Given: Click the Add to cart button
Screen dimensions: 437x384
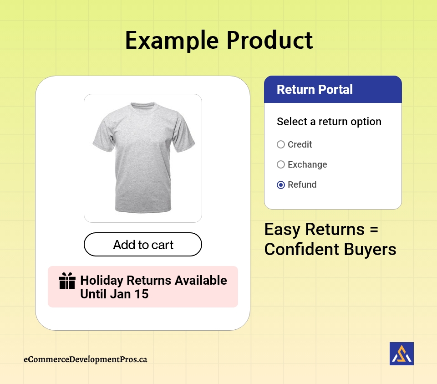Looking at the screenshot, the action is (x=142, y=244).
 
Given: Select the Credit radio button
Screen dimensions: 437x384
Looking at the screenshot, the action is (x=281, y=144).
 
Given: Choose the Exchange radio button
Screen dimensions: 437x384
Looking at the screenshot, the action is (x=281, y=164).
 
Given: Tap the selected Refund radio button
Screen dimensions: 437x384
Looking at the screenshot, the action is (x=281, y=184).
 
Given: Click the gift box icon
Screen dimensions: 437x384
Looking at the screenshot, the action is (x=67, y=281).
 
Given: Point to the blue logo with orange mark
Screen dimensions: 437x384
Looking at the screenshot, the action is (x=401, y=353).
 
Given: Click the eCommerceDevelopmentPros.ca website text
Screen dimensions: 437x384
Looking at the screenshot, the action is (x=85, y=359).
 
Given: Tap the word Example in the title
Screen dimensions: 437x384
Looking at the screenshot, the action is (x=172, y=41).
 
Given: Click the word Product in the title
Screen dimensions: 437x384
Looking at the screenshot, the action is (x=270, y=40).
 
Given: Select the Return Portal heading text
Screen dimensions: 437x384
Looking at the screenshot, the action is (x=315, y=90).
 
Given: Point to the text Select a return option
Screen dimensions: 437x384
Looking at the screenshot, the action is (x=329, y=122).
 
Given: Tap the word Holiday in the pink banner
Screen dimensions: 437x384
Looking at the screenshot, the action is (x=102, y=281).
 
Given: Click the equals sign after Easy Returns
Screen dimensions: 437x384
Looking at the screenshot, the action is (x=374, y=230).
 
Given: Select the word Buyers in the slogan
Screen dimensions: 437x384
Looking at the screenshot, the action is (x=370, y=250).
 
